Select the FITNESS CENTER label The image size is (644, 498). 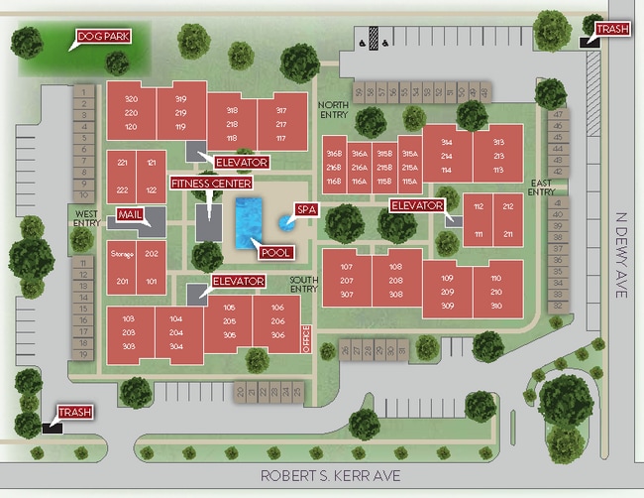tap(211, 184)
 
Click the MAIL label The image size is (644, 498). tap(131, 214)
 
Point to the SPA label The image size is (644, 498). tap(305, 210)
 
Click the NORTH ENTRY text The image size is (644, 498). tap(334, 108)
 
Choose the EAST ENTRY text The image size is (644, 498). tap(541, 187)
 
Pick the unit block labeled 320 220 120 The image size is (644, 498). tap(131, 113)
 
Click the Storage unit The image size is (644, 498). tap(122, 255)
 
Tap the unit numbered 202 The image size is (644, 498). tap(152, 255)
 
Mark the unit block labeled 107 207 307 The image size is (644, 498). tap(347, 281)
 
